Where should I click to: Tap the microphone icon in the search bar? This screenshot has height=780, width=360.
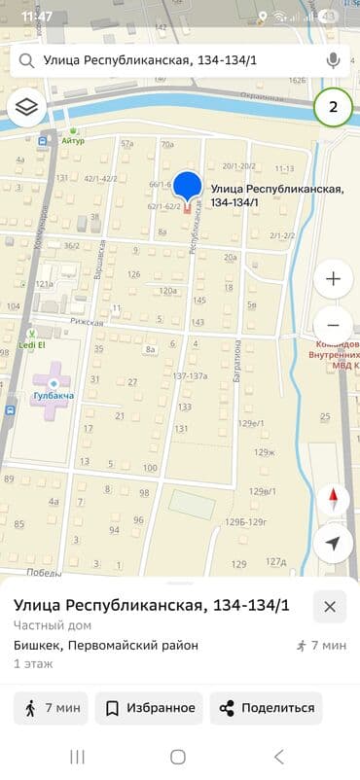tap(334, 60)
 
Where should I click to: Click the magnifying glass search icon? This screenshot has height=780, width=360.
tap(26, 60)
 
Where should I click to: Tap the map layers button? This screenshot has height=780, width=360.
tap(26, 107)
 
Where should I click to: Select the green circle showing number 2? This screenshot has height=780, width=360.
tap(333, 107)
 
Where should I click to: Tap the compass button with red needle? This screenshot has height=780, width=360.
tap(333, 500)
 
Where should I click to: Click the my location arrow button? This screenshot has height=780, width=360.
tap(333, 543)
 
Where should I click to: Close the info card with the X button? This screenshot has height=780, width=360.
tap(330, 606)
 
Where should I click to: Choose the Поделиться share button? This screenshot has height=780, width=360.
tap(268, 708)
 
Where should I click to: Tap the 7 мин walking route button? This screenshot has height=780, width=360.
tap(51, 708)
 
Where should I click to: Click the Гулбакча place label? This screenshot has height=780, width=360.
tap(53, 396)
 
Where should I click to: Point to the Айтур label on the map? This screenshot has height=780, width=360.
tap(75, 141)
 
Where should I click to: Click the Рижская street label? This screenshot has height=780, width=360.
tap(86, 320)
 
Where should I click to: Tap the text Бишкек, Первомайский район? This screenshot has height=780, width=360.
tap(106, 645)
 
